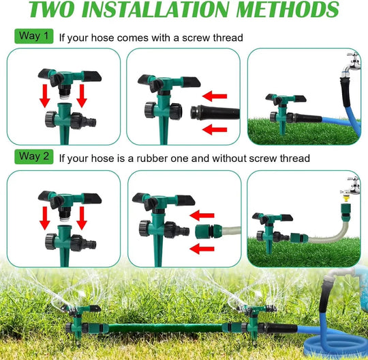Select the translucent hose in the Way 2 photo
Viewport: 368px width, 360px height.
[320, 232]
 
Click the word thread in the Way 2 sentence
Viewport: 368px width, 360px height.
[294, 158]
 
